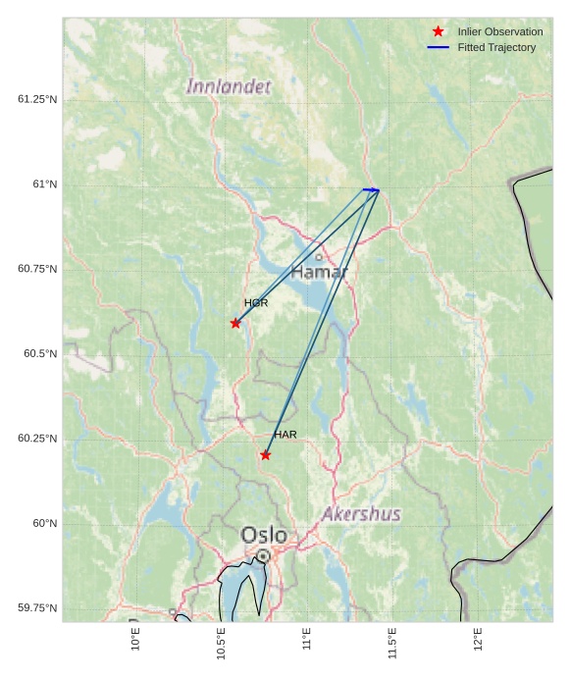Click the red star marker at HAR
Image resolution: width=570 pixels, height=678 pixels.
coord(266,454)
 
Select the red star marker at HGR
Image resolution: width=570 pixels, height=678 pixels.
coord(235,323)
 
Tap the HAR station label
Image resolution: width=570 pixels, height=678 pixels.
coord(285,435)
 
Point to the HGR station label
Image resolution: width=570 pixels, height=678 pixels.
coord(256,303)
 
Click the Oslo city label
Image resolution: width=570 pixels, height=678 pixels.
coord(264,535)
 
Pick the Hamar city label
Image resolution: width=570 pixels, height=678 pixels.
coord(319,272)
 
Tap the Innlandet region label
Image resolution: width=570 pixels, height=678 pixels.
coord(229,87)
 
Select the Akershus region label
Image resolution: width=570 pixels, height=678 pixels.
coord(361,514)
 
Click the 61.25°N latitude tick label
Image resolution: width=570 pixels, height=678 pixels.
coord(37,99)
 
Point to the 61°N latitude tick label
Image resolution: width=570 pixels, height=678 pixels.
coord(44,184)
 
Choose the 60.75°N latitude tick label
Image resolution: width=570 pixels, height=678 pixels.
coord(37,269)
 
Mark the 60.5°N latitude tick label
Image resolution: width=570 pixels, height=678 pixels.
coord(40,353)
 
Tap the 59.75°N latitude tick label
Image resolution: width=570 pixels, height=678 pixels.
coord(37,608)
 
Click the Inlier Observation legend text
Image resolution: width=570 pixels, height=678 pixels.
coord(499,31)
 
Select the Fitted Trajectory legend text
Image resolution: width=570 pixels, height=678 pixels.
coord(496,47)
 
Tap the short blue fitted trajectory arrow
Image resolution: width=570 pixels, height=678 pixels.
coord(371,189)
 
